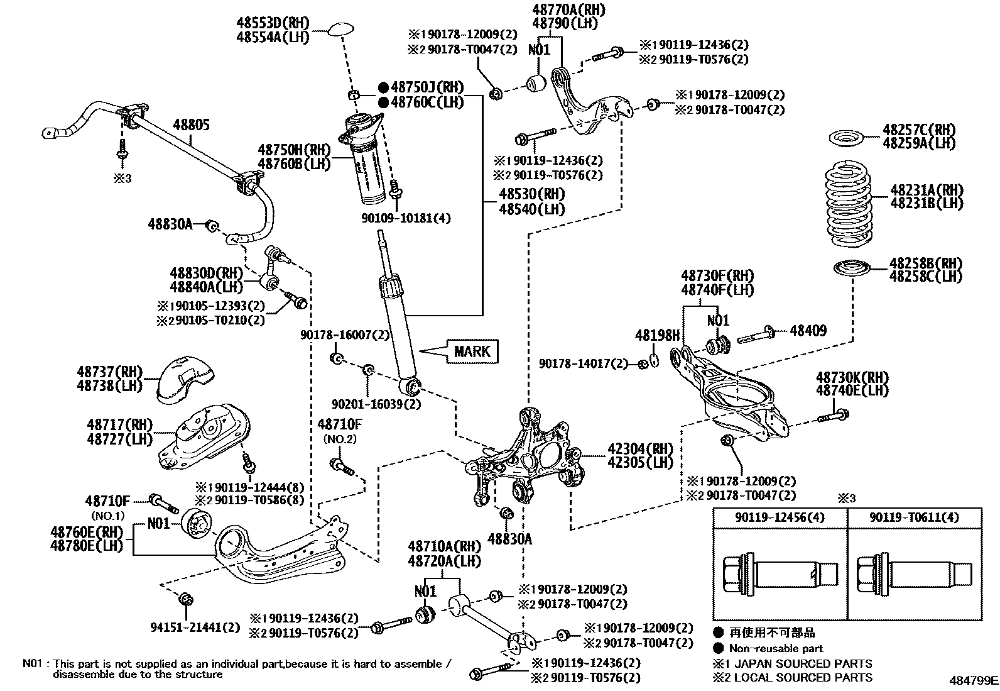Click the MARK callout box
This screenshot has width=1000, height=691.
point(472,351)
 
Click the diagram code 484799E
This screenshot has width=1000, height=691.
point(973,680)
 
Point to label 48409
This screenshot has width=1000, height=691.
point(808,330)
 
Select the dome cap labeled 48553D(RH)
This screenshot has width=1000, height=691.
point(341,30)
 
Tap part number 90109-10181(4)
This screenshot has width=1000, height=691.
point(406,218)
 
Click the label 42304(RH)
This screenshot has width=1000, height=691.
point(639,449)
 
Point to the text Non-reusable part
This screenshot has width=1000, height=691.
point(776,648)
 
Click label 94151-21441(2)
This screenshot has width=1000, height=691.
point(195,627)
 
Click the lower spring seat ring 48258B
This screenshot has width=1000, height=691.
point(851,268)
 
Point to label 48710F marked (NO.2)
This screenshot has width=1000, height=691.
point(339,424)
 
